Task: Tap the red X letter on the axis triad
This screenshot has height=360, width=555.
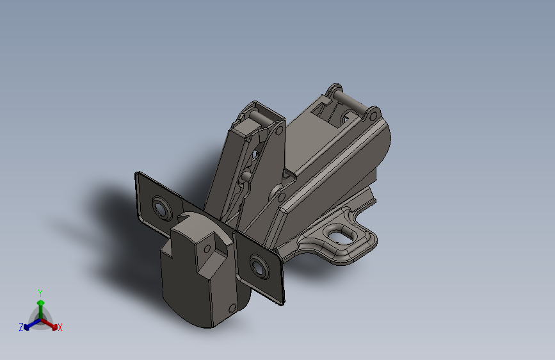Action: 60,328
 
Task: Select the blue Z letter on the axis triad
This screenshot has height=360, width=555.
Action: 21,327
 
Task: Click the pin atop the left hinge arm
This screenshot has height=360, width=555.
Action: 259,117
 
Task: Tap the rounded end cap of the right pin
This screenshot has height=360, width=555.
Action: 370,115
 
